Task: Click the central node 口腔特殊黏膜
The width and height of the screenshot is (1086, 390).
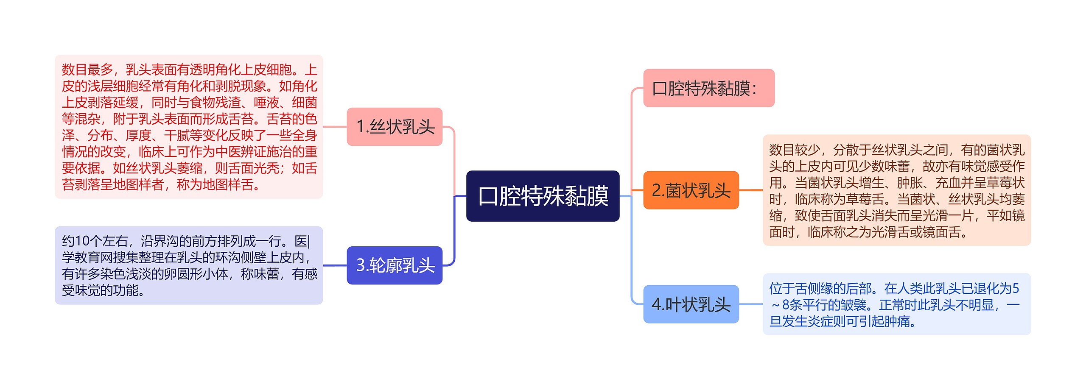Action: point(543,196)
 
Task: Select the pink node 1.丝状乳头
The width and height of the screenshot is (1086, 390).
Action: point(395,127)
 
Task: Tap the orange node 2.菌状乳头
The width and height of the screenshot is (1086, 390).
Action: point(691,190)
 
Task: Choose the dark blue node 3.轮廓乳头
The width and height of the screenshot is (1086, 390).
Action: point(395,265)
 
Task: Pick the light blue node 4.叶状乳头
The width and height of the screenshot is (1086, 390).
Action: point(691,304)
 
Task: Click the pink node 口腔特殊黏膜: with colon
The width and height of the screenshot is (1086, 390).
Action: point(708,88)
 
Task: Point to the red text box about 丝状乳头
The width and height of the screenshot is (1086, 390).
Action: point(189,127)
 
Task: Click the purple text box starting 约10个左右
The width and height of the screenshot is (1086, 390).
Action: point(189,265)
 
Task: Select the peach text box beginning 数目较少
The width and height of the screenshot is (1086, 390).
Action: point(896,190)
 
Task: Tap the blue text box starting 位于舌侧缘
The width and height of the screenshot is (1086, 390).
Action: point(896,304)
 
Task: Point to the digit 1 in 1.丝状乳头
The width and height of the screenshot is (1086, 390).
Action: point(360,127)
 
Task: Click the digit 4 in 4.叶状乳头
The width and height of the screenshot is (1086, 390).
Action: point(656,304)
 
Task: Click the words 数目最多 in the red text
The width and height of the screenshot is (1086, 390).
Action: point(87,70)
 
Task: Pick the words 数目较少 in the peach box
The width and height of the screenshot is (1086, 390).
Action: point(795,150)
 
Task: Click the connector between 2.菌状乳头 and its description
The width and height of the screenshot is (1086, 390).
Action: point(750,190)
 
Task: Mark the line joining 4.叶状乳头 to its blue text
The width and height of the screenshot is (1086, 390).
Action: point(750,304)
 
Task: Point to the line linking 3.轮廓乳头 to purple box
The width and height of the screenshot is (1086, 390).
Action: point(335,266)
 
